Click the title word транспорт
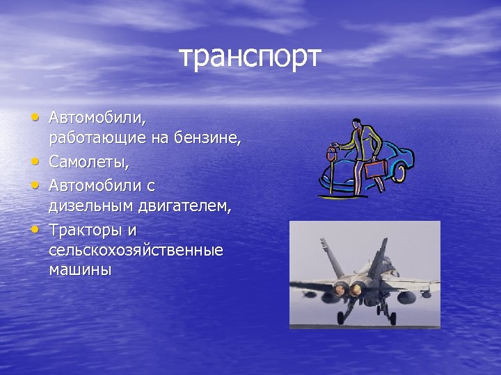250,57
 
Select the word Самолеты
88,164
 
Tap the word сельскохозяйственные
136,249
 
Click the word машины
80,269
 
